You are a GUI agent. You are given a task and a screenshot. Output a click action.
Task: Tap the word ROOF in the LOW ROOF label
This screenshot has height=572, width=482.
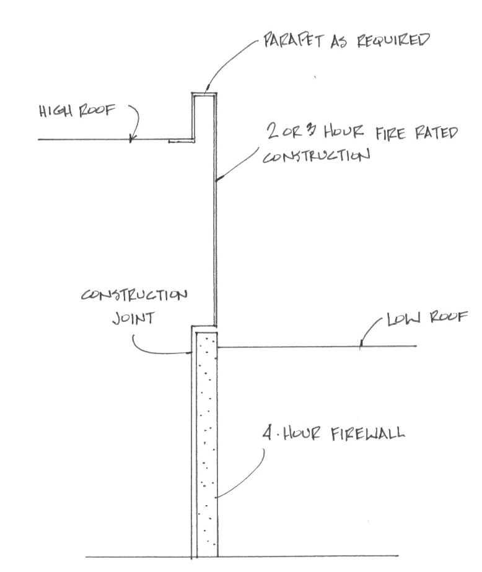tap(449, 318)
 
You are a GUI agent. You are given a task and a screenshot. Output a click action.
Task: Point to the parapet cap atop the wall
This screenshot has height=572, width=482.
tap(204, 95)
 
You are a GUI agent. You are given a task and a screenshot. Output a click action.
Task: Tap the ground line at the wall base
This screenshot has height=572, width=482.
tap(136, 557)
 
